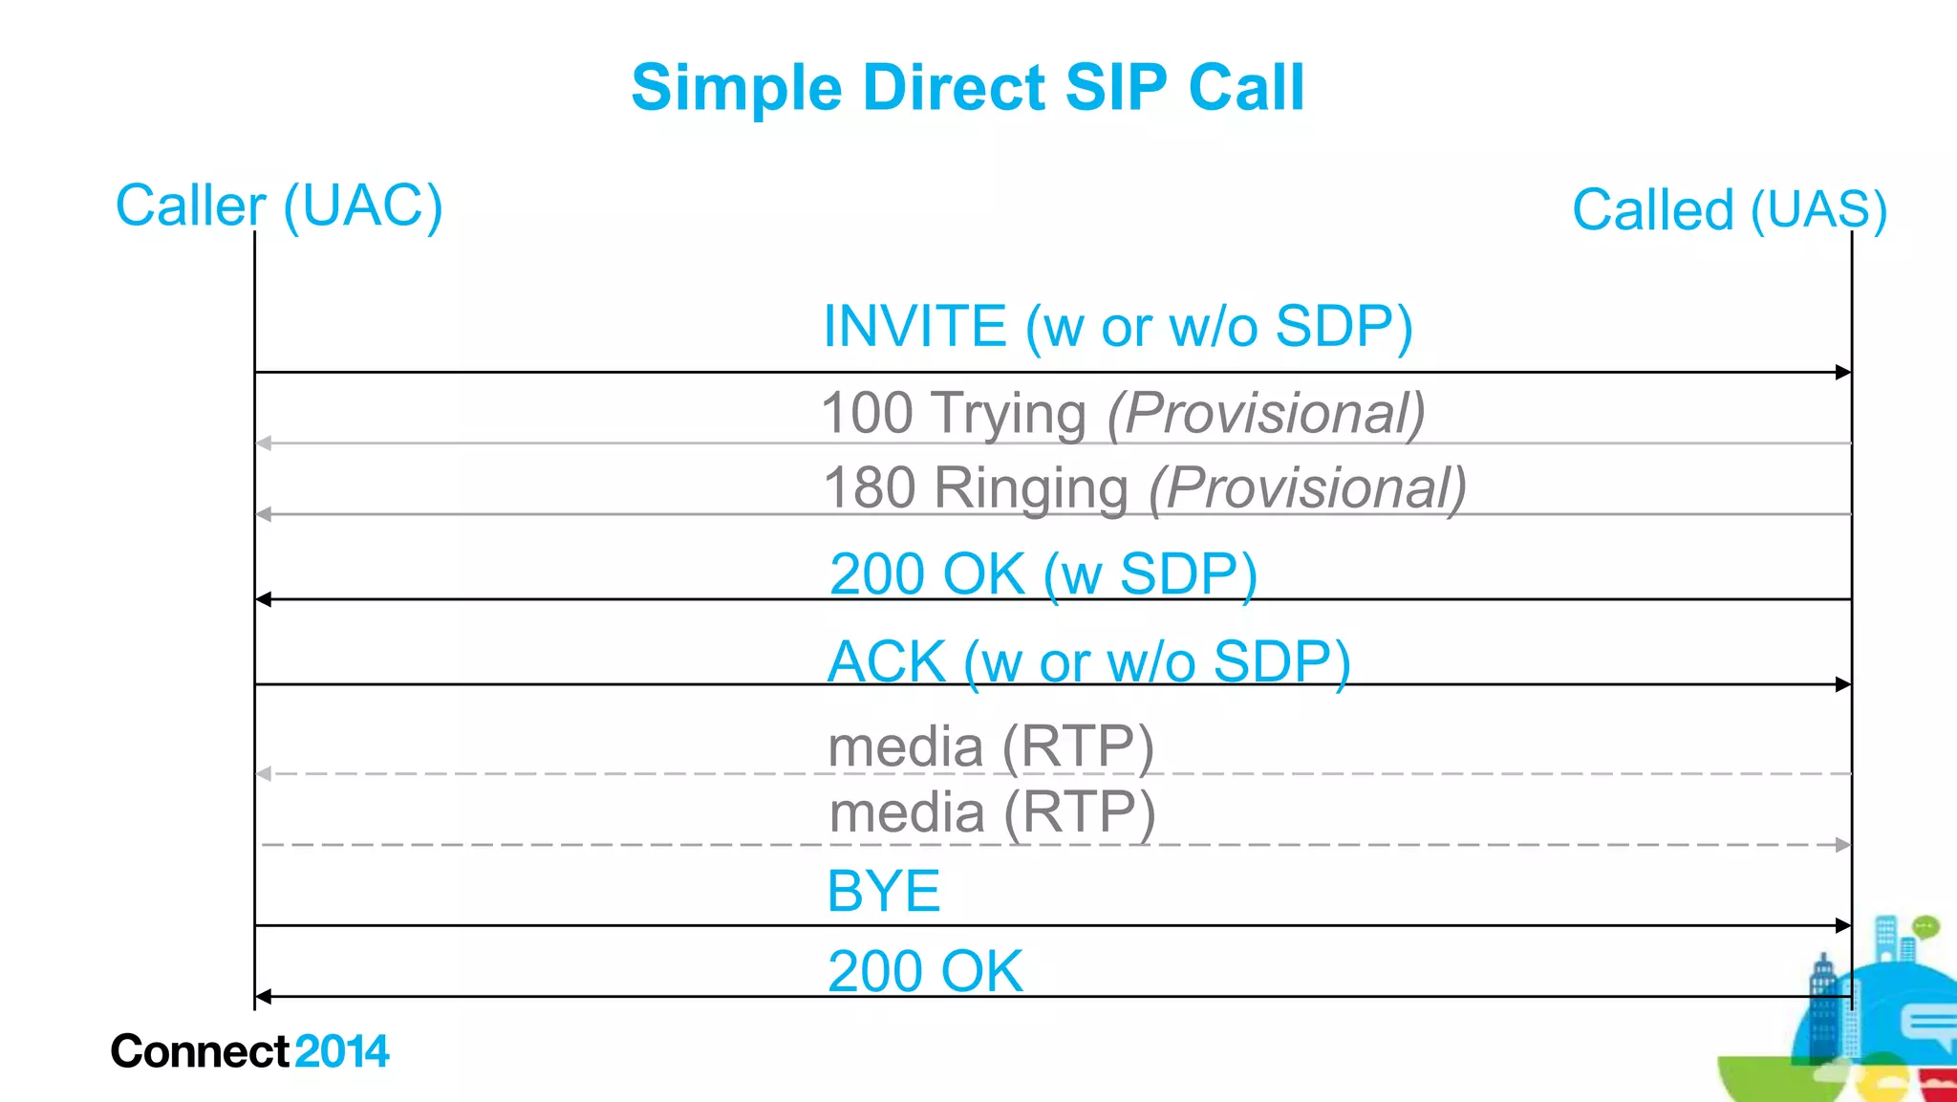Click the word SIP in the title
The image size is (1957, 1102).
tap(1115, 88)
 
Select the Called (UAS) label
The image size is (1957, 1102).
tap(1729, 209)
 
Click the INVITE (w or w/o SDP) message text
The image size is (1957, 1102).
tap(1117, 326)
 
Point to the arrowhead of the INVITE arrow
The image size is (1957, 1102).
tap(1843, 372)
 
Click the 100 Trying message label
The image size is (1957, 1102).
tap(1122, 413)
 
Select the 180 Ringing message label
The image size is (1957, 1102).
tap(1144, 487)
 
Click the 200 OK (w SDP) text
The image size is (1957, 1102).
tap(1043, 574)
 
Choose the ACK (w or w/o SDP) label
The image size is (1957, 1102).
tap(1088, 661)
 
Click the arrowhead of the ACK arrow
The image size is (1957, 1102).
tap(1843, 684)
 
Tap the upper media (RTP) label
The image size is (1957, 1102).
tap(991, 745)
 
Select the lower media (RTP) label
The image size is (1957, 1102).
tap(992, 812)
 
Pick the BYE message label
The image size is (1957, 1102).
tap(883, 891)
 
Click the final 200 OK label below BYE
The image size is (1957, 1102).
tap(925, 971)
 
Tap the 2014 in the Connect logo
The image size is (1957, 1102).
tap(342, 1051)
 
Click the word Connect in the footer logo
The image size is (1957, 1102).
tap(200, 1051)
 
